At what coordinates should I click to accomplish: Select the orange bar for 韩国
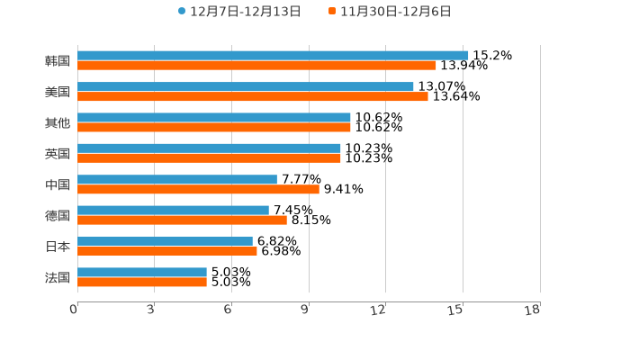tap(256, 65)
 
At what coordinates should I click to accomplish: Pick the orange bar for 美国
tap(253, 96)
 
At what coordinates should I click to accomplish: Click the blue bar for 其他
tap(214, 117)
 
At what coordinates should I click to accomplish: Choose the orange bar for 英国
tap(209, 157)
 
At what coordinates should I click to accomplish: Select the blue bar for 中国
tap(177, 179)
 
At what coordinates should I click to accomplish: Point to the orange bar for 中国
tap(198, 189)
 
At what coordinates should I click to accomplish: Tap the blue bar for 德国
tap(173, 210)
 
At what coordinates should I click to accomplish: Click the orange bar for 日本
tap(167, 251)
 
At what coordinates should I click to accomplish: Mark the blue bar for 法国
tap(142, 272)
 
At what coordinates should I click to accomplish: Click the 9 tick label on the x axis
tap(304, 310)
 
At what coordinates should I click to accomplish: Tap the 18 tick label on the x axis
tap(533, 310)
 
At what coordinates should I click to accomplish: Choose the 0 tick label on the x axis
tap(74, 310)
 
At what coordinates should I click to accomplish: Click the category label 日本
tap(58, 247)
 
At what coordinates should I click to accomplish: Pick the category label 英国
tap(58, 154)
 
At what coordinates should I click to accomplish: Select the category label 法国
tap(58, 277)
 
